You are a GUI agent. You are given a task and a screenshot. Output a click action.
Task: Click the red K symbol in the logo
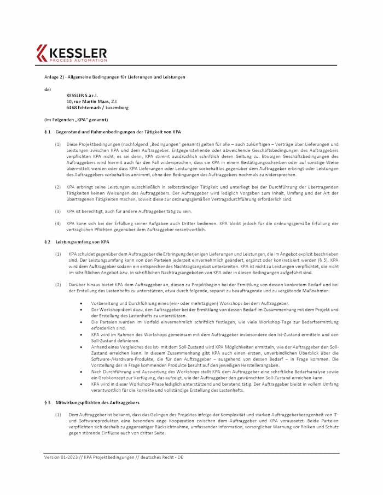(42, 54)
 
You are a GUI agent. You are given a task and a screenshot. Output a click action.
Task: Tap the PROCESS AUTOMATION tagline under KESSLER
(78, 60)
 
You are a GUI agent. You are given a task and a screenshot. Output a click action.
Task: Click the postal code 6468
(71, 108)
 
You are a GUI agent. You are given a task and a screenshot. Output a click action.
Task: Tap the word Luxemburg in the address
(116, 108)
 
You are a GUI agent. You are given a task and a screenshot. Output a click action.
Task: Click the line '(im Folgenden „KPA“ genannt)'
(76, 120)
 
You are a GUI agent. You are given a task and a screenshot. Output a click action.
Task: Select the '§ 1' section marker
(48, 132)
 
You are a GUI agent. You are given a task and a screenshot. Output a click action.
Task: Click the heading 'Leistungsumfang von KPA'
(82, 241)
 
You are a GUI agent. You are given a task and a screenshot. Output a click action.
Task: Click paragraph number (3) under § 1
(57, 211)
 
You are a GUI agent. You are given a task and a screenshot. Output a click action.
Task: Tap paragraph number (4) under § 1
(57, 223)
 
